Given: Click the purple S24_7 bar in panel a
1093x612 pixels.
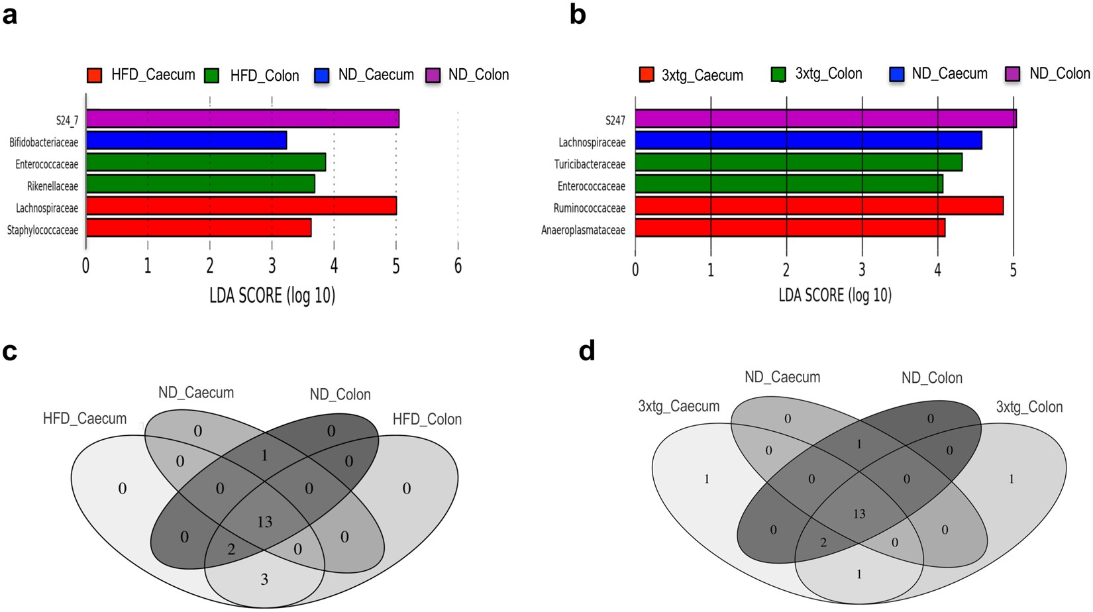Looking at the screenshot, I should pos(242,119).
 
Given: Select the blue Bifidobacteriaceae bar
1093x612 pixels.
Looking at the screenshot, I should pos(186,140).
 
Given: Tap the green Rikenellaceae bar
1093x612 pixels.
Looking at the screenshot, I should pos(200,184).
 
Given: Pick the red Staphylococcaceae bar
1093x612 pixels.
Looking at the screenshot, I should pos(199,228).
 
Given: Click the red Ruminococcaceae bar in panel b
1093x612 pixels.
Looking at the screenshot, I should pos(819,206).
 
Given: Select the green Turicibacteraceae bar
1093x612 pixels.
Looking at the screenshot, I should pos(798,162).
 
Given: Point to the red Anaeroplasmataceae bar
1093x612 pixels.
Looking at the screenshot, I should pos(790,228).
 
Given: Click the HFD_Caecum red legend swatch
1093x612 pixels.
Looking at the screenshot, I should pos(95,75).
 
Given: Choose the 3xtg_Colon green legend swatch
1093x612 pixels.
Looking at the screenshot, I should pos(778,74).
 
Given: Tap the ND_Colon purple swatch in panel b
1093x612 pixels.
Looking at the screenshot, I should pos(1014,74).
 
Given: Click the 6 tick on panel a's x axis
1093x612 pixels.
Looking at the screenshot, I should pos(458,266).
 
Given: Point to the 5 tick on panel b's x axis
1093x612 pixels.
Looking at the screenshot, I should pos(1013,270).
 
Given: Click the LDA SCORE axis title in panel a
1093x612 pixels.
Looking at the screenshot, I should pos(272,295).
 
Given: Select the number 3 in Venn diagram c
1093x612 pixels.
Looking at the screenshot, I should pos(264,580).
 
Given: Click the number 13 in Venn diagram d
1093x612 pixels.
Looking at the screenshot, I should pos(859,514).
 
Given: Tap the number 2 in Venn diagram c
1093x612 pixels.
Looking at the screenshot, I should pos(231,548).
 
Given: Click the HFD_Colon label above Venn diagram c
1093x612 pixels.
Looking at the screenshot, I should pos(427,419).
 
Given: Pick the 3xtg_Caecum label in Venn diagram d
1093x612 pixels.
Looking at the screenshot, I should pos(678,407).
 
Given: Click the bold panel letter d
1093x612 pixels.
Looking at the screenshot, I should pos(587,351).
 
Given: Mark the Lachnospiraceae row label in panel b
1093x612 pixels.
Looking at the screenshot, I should pos(592,142).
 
